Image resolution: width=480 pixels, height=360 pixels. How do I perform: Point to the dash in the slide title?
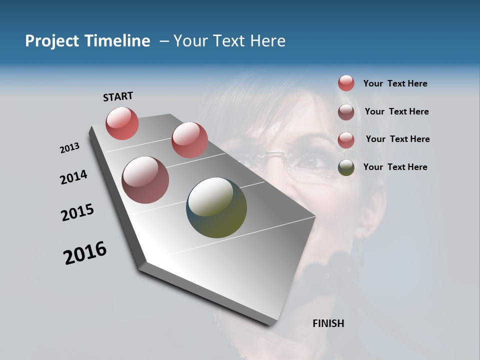point(164,41)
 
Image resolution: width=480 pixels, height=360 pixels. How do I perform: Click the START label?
point(118,96)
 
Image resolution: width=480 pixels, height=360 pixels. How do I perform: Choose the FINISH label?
point(328,323)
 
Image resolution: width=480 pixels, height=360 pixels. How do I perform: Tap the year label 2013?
point(69,148)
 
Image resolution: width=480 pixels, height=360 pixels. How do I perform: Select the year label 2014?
point(73,177)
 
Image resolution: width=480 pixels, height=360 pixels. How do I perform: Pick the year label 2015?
point(77,212)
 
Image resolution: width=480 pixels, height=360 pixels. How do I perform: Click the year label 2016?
point(85,253)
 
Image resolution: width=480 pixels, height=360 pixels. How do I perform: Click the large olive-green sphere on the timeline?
point(216,207)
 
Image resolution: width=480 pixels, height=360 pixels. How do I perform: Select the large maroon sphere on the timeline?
point(145,180)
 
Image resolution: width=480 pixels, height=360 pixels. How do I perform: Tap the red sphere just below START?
point(122,123)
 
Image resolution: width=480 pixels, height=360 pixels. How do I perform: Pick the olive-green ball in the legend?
point(346,167)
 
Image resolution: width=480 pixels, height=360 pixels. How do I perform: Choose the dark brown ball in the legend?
point(346,112)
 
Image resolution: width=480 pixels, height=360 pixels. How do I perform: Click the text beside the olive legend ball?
point(395,167)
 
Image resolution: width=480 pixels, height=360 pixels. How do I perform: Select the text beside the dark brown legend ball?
point(396,111)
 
